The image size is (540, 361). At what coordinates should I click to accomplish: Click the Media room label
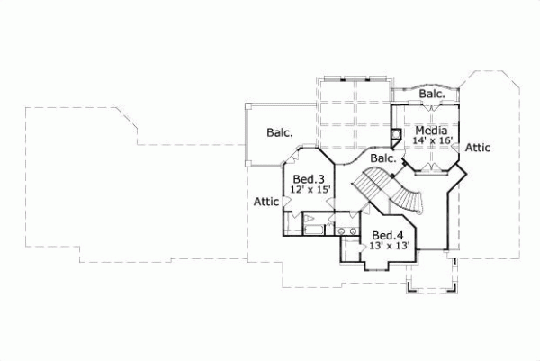coord(431,130)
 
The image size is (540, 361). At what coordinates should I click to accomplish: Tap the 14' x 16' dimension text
coord(431,141)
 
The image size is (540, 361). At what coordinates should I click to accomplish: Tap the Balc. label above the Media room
coord(432,94)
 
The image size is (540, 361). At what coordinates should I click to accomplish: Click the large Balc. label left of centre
coord(280,131)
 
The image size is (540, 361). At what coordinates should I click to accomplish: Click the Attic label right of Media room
coord(479,147)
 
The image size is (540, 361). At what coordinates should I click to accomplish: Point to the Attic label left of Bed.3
coord(266,202)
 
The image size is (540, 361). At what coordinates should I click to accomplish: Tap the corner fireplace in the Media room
coord(395,135)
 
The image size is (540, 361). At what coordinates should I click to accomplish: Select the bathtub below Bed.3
coord(313,224)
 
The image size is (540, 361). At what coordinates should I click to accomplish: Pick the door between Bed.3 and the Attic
coord(286,203)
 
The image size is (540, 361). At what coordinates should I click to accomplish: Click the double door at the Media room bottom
coord(431,168)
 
